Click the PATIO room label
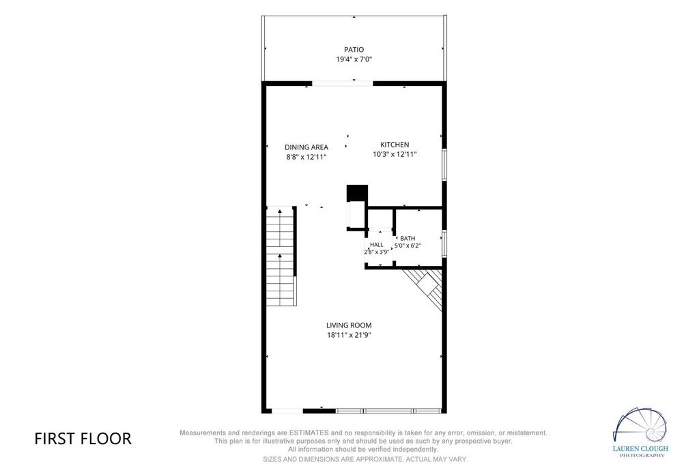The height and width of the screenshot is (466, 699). (354, 49)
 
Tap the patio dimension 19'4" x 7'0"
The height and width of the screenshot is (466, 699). (354, 59)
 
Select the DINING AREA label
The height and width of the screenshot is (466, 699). (306, 147)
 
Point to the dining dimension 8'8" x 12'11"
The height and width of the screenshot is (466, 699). (306, 157)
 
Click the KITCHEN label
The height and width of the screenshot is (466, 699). (395, 145)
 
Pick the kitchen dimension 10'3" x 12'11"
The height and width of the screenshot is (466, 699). (395, 154)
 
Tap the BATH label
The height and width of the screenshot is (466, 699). (408, 238)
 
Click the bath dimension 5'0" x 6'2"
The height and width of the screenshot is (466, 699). (408, 245)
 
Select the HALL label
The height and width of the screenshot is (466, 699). (377, 244)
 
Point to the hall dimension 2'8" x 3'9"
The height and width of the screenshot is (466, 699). (377, 252)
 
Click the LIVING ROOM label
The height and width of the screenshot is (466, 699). (349, 325)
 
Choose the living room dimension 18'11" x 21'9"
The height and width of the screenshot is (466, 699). (349, 335)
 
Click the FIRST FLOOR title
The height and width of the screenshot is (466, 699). (83, 439)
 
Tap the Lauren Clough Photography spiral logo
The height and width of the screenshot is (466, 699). (640, 426)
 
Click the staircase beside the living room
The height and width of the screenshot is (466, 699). (281, 256)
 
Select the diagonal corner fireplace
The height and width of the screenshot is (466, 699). (426, 286)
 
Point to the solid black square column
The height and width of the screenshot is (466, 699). (357, 193)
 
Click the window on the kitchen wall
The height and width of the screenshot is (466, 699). (444, 164)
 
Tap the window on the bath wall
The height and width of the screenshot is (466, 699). (444, 244)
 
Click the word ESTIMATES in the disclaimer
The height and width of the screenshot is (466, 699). (309, 433)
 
